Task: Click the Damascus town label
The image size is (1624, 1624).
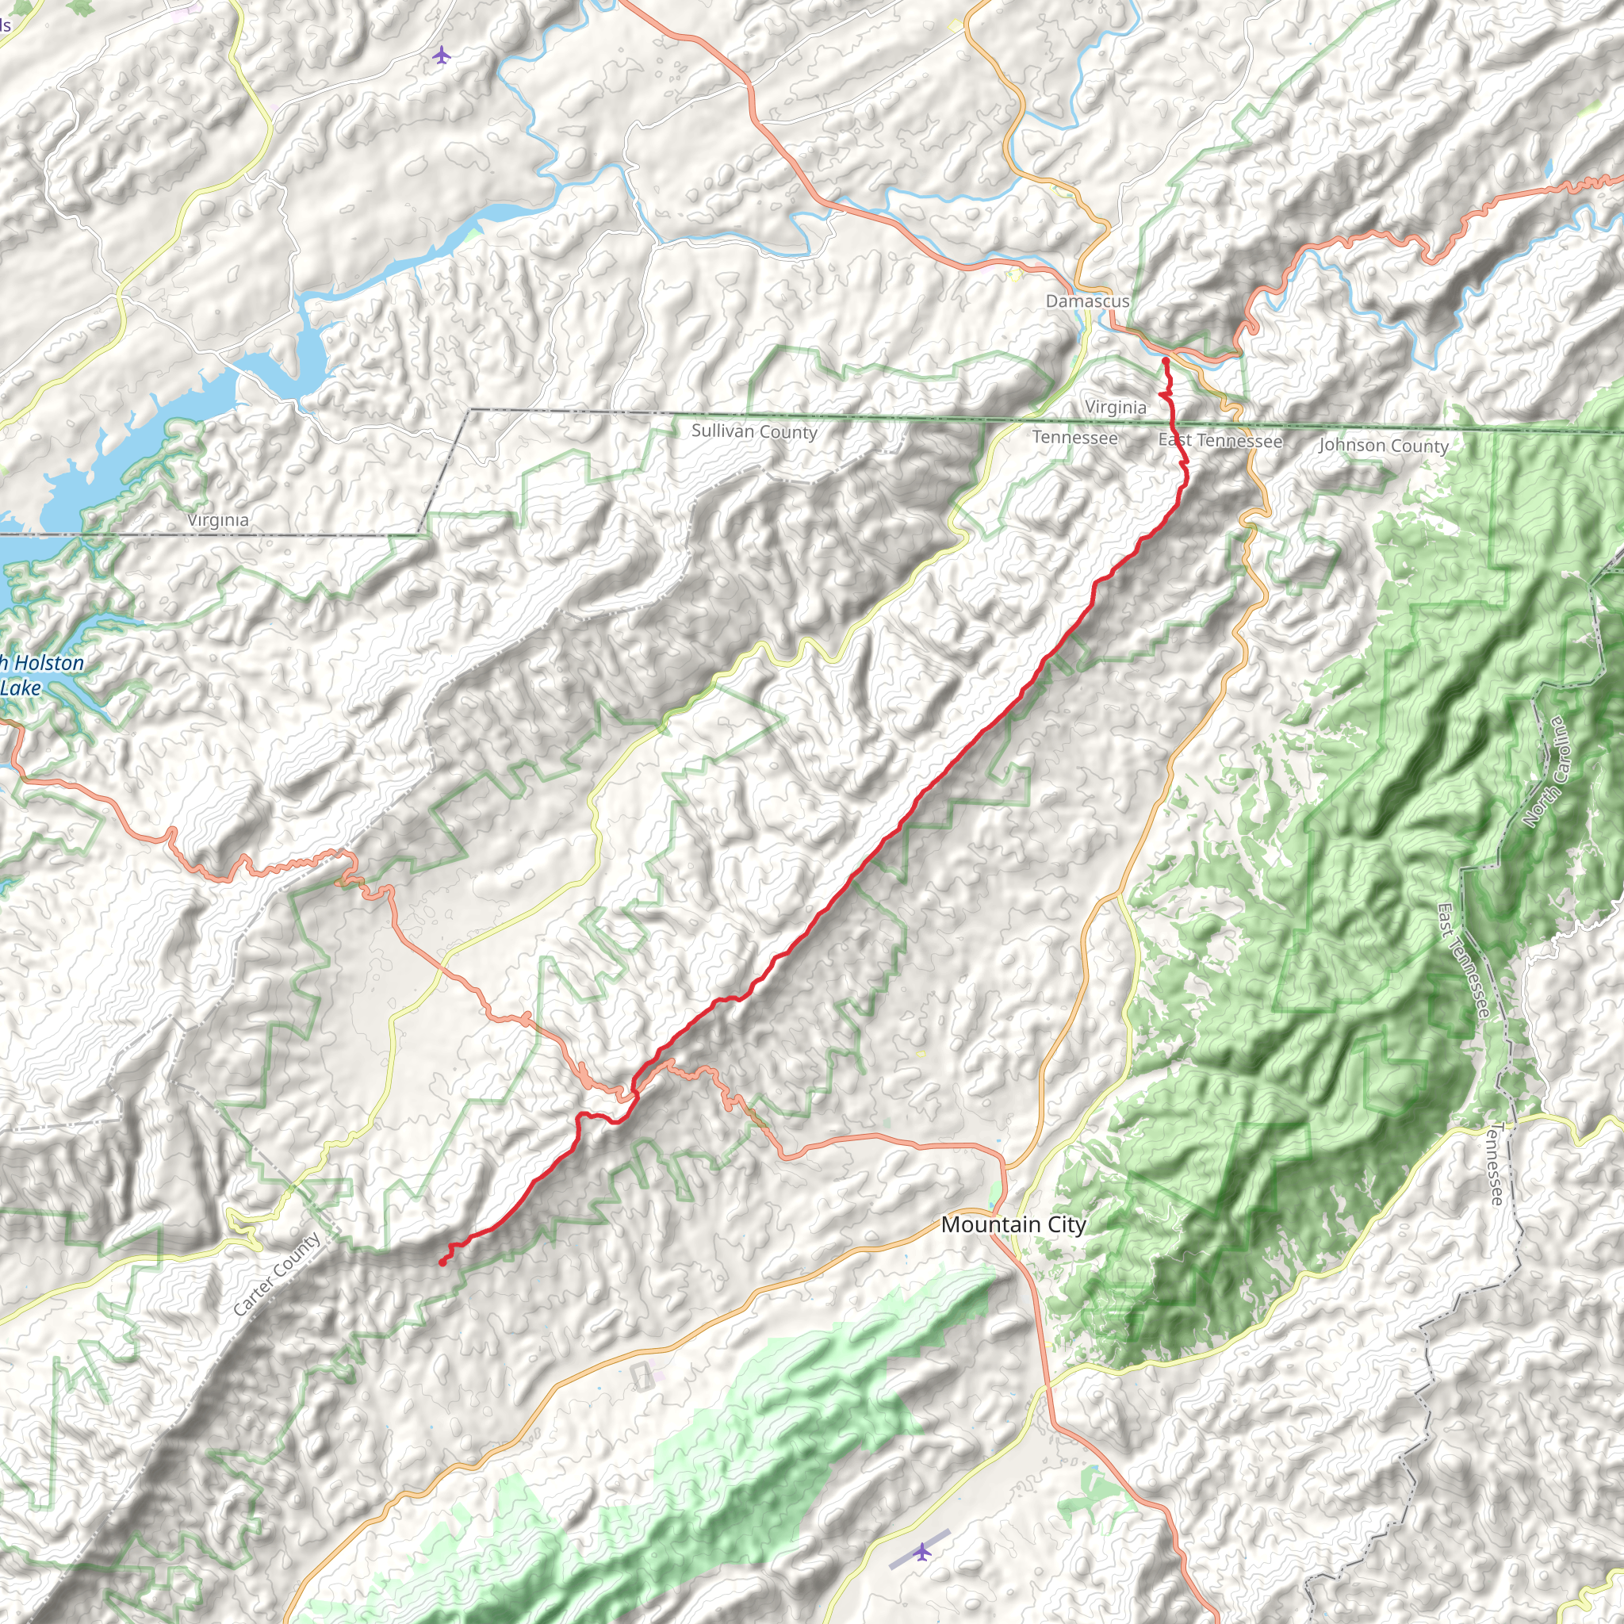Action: point(1087,301)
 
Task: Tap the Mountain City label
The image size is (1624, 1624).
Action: point(1013,1224)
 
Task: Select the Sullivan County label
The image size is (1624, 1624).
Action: point(754,431)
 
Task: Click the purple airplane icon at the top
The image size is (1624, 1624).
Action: point(442,56)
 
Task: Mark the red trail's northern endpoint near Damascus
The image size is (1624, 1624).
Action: point(1165,361)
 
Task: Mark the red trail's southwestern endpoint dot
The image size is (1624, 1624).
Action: point(442,1262)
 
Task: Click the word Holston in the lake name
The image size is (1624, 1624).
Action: point(48,663)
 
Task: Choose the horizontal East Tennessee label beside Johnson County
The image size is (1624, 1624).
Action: point(1220,440)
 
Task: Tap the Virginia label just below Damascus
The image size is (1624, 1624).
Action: point(1116,407)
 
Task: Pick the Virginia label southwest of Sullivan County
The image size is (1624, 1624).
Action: point(218,520)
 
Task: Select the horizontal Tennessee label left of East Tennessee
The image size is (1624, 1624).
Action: point(1074,437)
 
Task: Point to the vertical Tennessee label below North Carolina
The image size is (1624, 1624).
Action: point(1498,1163)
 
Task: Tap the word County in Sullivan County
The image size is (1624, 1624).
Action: point(787,432)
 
